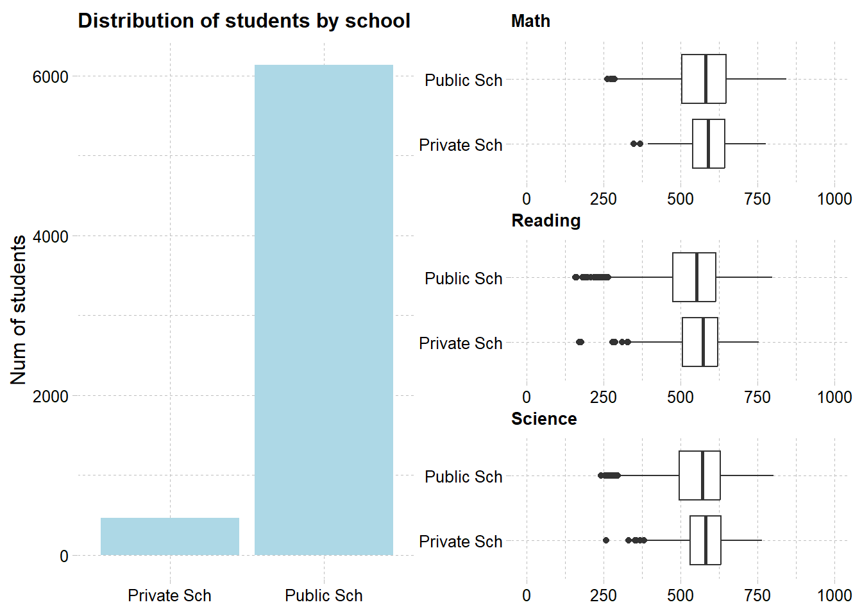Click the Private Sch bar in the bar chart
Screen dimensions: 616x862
point(169,536)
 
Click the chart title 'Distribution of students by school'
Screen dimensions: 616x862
point(244,21)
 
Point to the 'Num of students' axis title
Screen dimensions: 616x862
point(19,310)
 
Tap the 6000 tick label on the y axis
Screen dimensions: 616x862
point(50,77)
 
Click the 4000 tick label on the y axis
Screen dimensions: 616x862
point(50,237)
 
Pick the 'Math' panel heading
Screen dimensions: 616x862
point(530,21)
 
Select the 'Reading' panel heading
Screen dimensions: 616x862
point(546,221)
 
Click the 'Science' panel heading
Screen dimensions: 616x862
point(544,419)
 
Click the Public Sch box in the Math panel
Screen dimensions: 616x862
point(704,79)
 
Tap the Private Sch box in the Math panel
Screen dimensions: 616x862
point(708,144)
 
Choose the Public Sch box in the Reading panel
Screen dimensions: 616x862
point(694,277)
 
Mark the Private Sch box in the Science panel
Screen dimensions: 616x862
point(705,540)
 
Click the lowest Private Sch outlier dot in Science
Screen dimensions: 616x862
point(606,540)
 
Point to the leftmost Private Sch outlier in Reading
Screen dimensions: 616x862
point(579,342)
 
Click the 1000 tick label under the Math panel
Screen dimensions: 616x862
point(834,199)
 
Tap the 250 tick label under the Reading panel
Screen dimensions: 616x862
point(603,397)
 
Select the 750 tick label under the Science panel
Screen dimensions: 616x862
point(757,595)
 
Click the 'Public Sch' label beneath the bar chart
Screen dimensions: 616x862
point(323,595)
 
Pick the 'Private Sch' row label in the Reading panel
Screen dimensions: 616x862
point(461,343)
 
